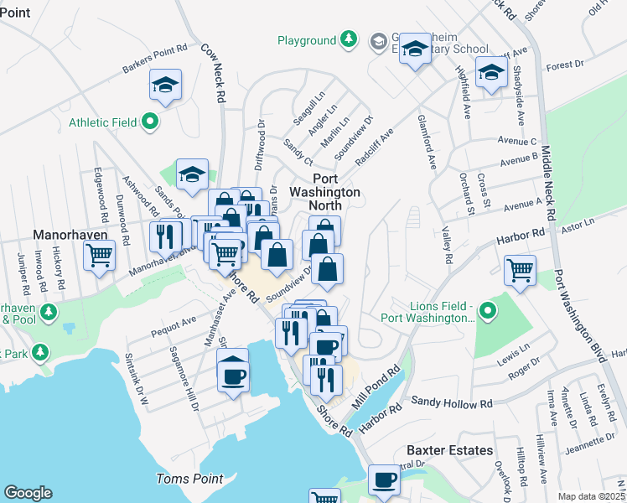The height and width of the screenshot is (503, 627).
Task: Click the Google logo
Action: point(28,492)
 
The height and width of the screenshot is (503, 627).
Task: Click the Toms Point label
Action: point(190,479)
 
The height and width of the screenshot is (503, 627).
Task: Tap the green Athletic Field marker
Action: point(150,122)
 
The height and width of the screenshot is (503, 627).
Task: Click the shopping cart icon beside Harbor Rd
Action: point(521,271)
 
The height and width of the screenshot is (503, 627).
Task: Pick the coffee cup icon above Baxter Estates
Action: point(385,480)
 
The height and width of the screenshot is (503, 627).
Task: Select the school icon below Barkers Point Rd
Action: point(166,84)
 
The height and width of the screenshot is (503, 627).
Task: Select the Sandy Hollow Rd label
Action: point(451,404)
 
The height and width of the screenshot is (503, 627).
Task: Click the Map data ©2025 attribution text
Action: point(592,496)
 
